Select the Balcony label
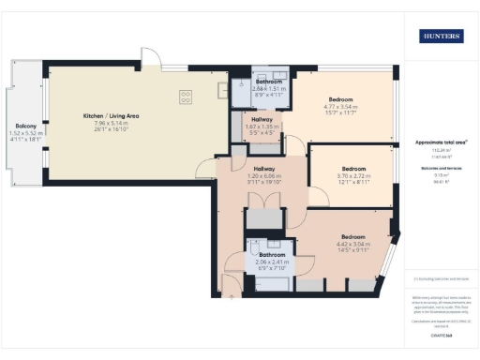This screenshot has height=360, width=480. [x=25, y=126]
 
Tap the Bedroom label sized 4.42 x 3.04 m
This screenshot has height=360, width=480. [x=352, y=236]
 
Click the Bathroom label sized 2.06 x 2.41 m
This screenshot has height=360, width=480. [x=272, y=254]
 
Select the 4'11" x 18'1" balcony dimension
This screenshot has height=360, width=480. [x=25, y=141]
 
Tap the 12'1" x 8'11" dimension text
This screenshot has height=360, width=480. [x=353, y=183]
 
